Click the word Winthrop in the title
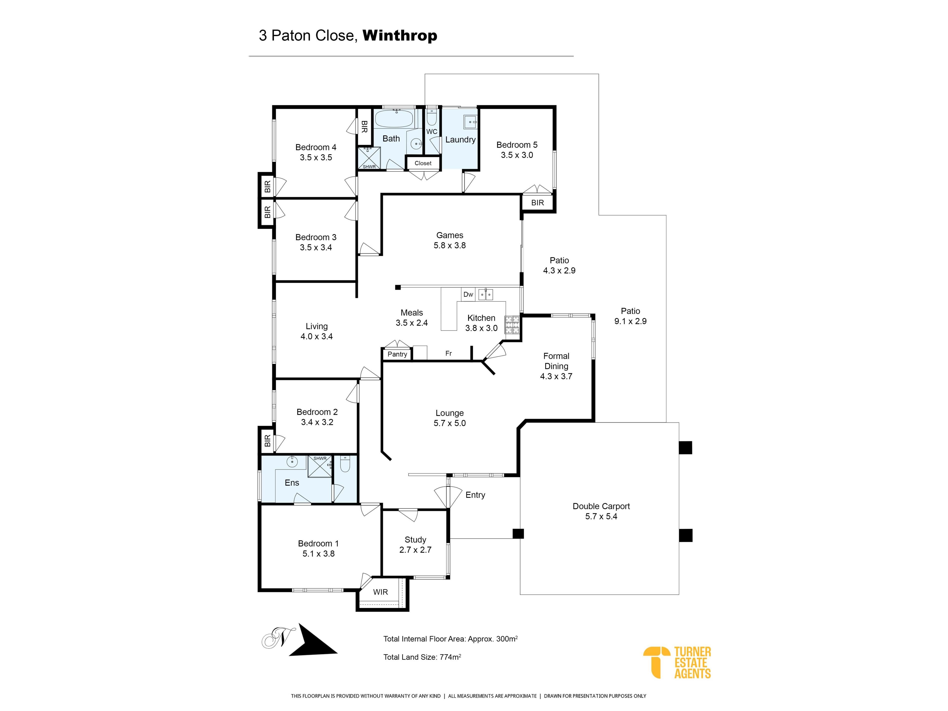pos(400,36)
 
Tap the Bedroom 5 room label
pos(517,145)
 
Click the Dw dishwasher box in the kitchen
pos(468,295)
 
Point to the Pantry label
pos(397,354)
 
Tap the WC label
pos(432,132)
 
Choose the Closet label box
pos(423,163)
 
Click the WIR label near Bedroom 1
pos(381,592)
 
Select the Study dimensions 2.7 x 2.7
pos(415,550)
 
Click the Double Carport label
pos(601,506)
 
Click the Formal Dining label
pos(556,361)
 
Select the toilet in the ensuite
pos(345,464)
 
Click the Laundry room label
pos(460,140)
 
